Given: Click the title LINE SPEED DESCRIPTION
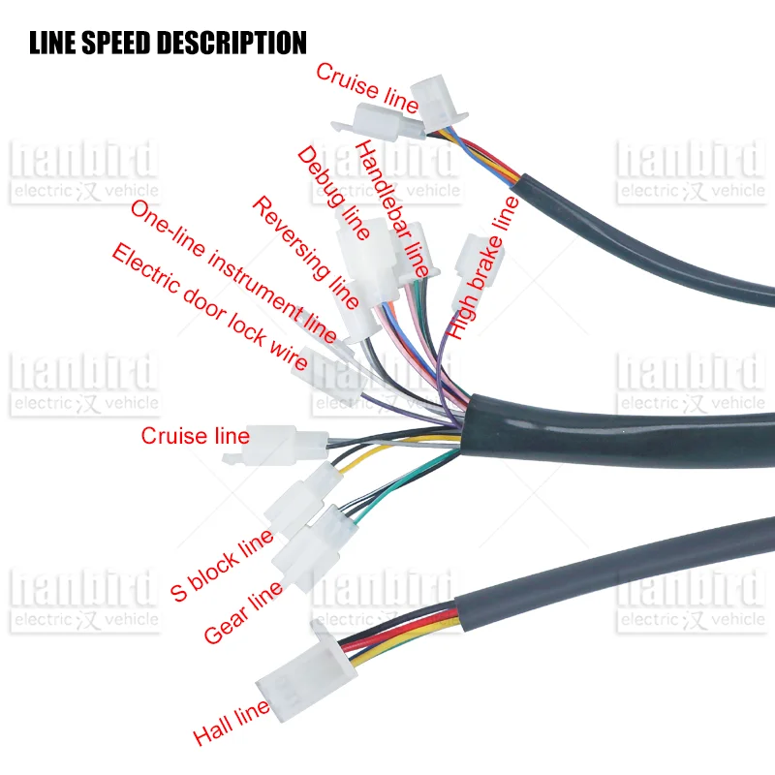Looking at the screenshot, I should click(168, 43).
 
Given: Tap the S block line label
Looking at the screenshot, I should click(222, 566).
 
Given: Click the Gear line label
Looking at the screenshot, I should click(243, 611).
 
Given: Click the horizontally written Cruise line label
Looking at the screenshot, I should click(195, 436).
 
